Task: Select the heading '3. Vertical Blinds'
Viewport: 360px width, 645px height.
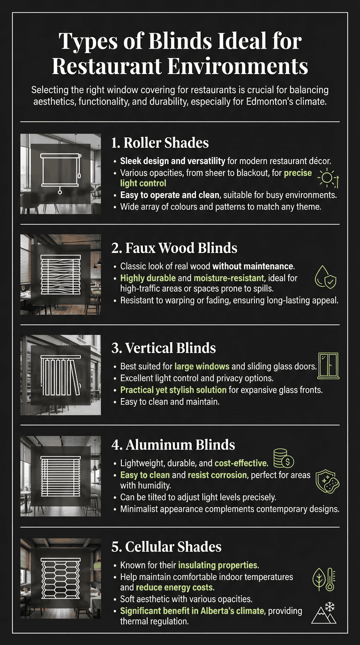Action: pyautogui.click(x=164, y=348)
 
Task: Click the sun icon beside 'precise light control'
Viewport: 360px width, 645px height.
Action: pyautogui.click(x=328, y=179)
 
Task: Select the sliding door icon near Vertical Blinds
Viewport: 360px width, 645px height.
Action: pyautogui.click(x=328, y=366)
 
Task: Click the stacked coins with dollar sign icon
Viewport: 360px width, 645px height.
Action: pyautogui.click(x=284, y=458)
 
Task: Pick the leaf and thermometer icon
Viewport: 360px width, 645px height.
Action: pyautogui.click(x=323, y=579)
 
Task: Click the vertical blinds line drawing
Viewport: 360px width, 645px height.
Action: pyautogui.click(x=60, y=374)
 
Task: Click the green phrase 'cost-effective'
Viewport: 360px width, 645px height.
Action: pyautogui.click(x=240, y=463)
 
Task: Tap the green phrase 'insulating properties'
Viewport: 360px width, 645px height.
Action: pyautogui.click(x=218, y=565)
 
